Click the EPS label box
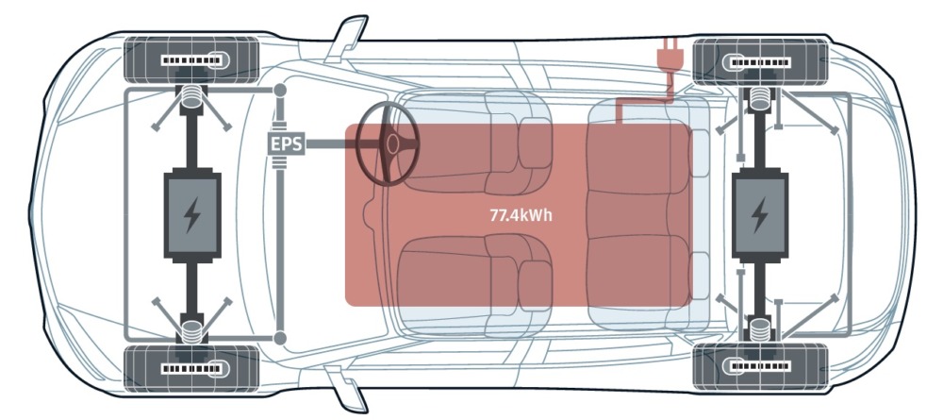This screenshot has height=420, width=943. (287, 144)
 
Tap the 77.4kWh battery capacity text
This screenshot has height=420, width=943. (521, 215)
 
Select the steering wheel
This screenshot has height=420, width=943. (388, 143)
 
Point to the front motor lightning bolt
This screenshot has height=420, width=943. (191, 215)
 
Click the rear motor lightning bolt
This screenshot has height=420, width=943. (759, 215)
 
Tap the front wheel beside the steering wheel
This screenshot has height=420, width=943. (191, 60)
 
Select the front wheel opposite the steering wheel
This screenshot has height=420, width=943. (191, 368)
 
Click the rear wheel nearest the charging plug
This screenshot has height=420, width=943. (761, 62)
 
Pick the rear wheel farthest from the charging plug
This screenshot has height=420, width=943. (761, 367)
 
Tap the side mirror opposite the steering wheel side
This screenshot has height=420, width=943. (346, 389)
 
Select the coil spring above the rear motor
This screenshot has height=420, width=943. (760, 97)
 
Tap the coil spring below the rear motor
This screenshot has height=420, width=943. (760, 330)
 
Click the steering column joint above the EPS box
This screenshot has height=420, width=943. (280, 91)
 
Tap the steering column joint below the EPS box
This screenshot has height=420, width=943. (280, 338)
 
